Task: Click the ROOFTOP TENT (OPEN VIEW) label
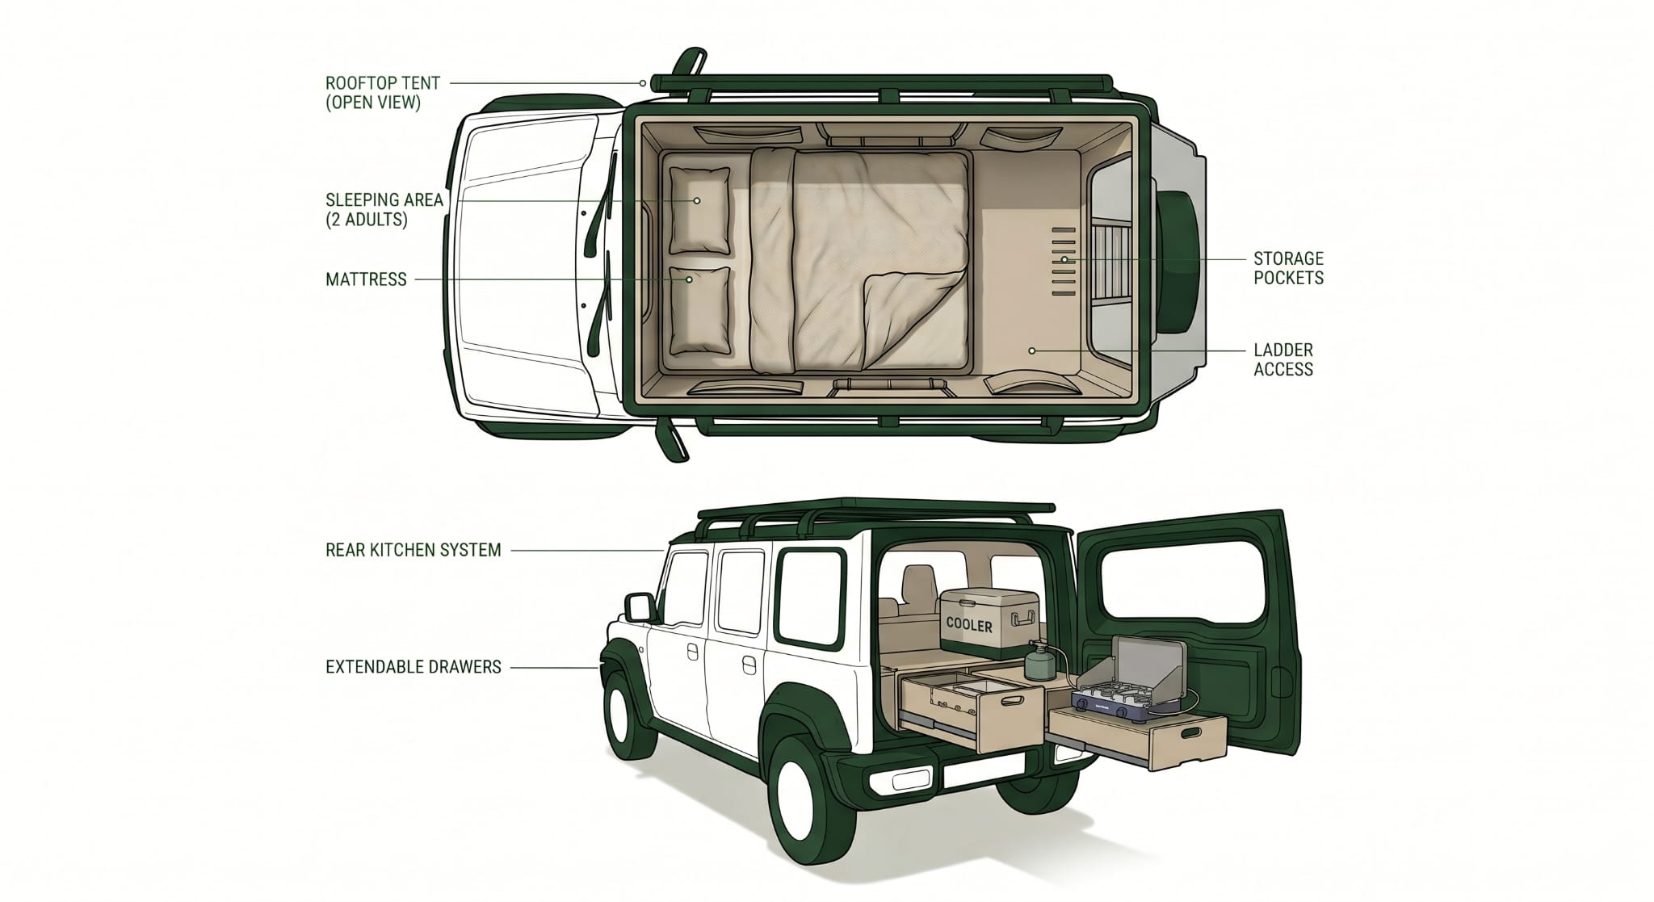382,93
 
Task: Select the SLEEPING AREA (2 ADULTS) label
384,209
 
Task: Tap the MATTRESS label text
366,279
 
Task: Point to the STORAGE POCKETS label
1288,268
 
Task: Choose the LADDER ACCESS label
1283,359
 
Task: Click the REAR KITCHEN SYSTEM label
413,550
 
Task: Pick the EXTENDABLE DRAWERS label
413,667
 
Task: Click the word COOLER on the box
969,626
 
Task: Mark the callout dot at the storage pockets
1064,259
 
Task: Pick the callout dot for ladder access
1031,350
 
